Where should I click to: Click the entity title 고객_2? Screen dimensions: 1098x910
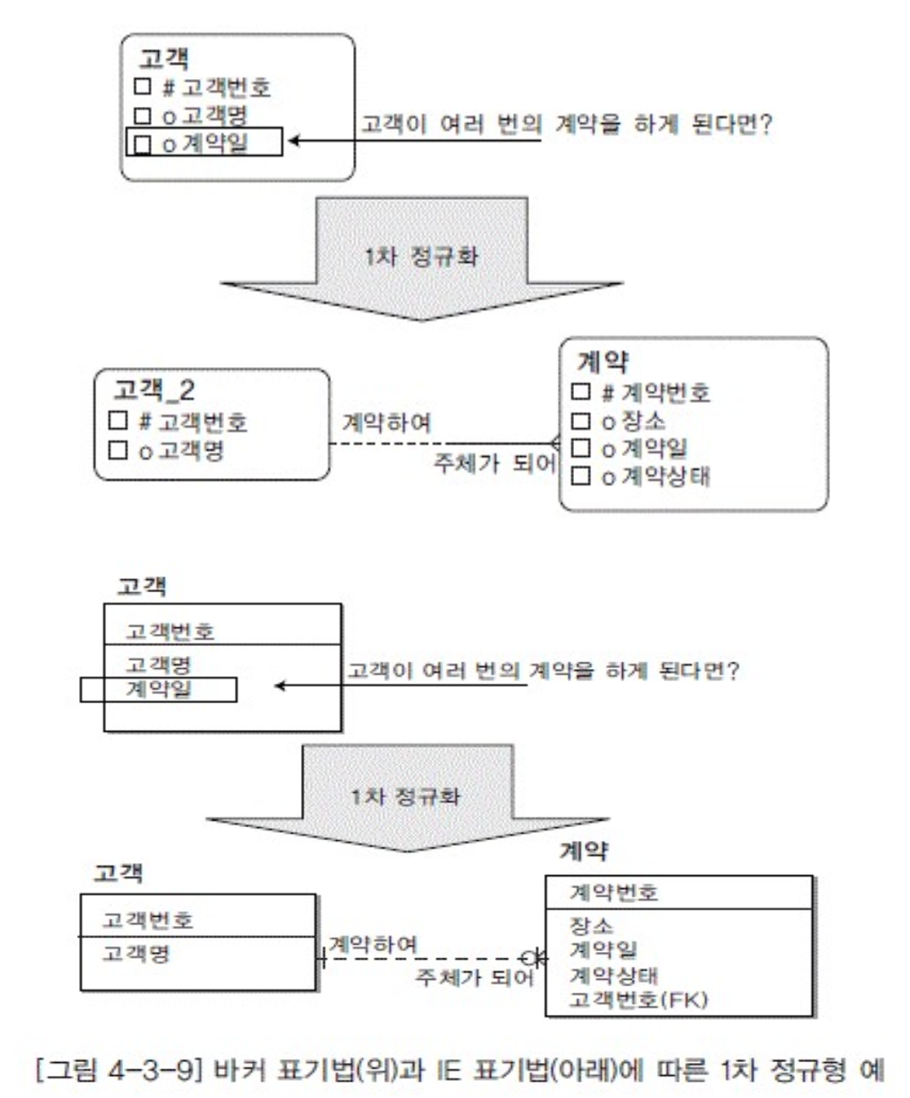pos(154,390)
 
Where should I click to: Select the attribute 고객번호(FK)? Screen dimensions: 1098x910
pos(638,999)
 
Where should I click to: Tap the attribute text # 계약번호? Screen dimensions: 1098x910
pos(656,393)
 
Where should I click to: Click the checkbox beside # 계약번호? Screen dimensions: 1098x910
pos(581,392)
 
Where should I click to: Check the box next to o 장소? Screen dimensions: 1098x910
pos(581,421)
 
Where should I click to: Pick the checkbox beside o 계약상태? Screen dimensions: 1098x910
pos(581,476)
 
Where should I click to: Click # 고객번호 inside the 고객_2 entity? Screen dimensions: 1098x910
pos(192,422)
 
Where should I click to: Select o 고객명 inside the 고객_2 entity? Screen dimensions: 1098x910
pos(181,450)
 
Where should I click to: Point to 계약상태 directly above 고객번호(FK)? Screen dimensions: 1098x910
pos(613,975)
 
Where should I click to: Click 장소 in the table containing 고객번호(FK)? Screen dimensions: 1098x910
pos(590,925)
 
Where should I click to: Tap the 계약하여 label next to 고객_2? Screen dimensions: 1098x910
pos(386,423)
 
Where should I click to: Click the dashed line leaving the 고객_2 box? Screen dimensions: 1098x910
pos(383,444)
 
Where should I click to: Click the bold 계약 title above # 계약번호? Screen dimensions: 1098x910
pos(603,361)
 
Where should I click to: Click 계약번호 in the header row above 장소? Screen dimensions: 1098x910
pos(613,892)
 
